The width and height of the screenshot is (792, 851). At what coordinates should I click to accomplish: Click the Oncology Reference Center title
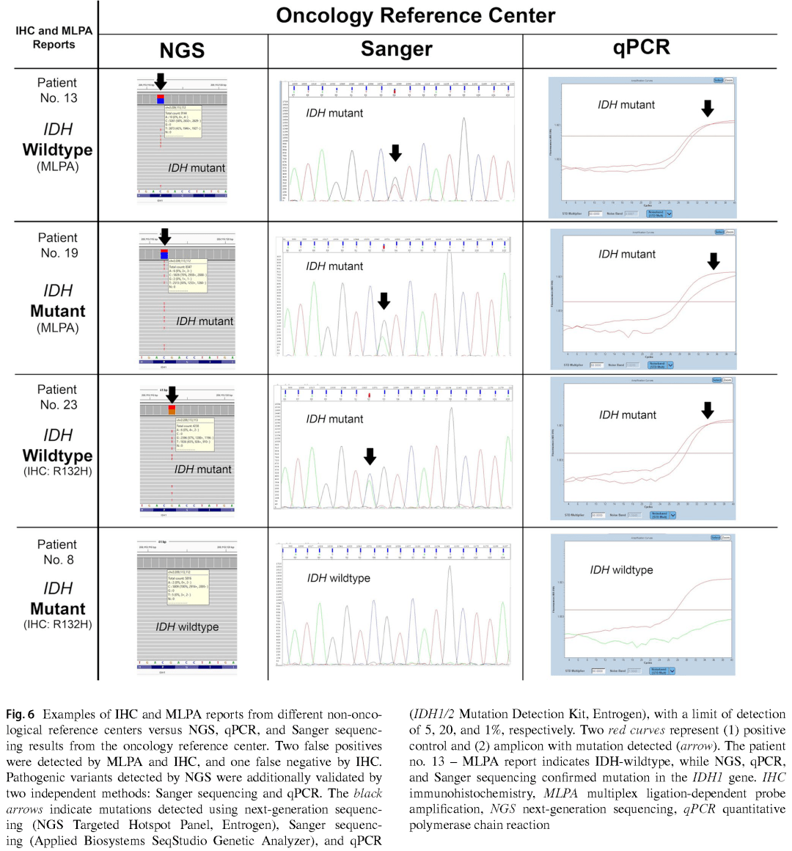415,16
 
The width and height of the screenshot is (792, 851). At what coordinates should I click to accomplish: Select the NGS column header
182,51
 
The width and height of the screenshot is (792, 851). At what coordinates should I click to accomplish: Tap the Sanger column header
396,49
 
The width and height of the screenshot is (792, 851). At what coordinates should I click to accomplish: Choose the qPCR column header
641,48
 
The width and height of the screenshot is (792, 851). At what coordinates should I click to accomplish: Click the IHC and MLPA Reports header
54,37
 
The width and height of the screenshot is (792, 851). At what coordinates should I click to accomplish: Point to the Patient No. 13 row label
57,90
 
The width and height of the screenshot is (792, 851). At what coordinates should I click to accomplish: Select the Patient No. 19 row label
57,245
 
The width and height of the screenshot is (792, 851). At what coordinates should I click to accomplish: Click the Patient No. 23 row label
57,397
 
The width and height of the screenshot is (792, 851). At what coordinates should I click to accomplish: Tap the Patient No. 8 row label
57,552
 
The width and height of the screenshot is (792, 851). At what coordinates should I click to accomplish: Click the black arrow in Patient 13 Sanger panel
395,153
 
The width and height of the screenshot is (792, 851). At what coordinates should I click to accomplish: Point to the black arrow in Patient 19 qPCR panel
713,261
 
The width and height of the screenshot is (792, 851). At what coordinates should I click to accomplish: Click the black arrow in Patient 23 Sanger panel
370,457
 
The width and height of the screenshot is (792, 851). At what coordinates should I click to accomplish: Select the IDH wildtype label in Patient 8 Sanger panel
338,578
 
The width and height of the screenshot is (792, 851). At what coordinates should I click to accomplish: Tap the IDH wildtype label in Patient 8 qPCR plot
621,570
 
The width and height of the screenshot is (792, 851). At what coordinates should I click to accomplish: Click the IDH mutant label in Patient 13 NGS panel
197,168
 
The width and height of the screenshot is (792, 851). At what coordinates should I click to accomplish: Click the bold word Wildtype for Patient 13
57,150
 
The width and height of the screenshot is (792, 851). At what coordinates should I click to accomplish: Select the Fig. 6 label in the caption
21,714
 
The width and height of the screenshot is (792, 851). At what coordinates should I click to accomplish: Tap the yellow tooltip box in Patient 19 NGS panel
187,276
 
